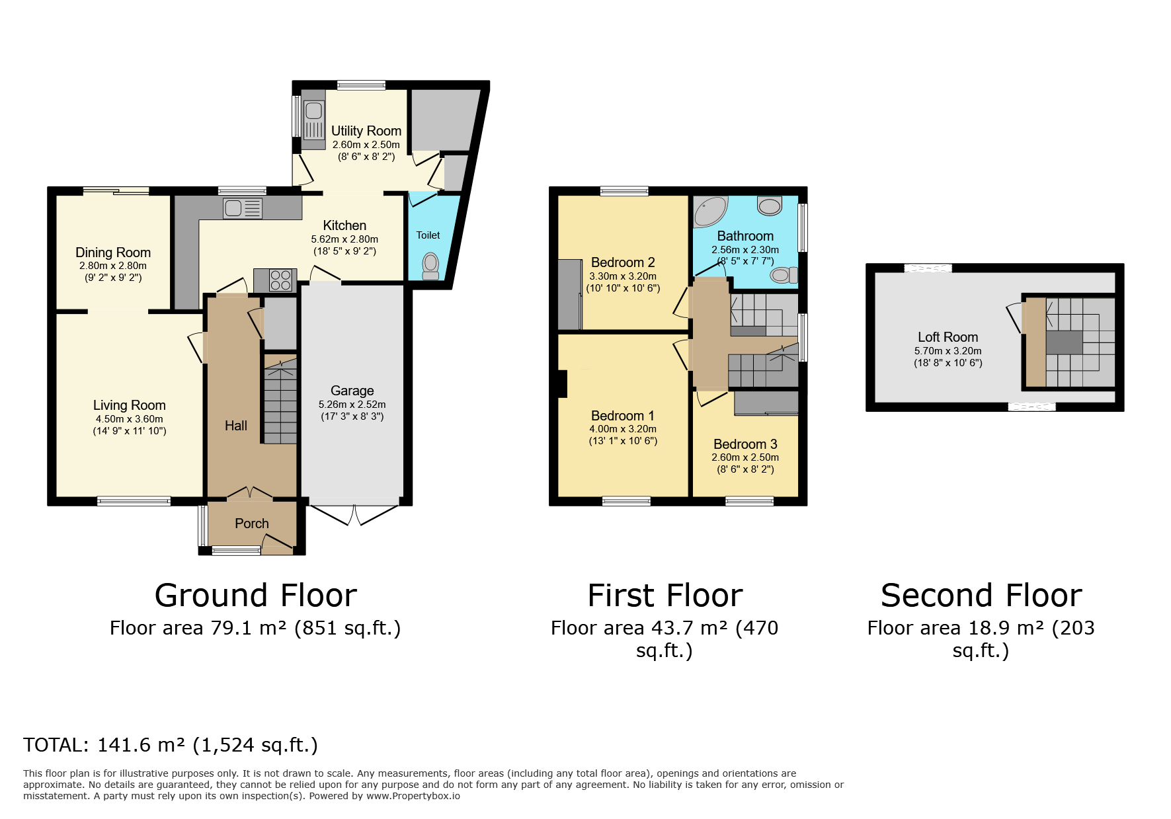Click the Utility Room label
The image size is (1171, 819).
(x=366, y=131)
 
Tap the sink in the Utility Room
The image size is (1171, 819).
(x=314, y=119)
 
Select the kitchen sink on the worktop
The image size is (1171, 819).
(x=243, y=208)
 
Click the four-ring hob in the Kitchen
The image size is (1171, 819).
(x=281, y=280)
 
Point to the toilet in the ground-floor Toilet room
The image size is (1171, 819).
(x=430, y=266)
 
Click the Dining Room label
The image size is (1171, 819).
(x=113, y=253)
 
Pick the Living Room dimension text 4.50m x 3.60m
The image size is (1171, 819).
(x=130, y=419)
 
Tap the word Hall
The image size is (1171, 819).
(x=236, y=426)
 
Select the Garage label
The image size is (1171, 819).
(x=352, y=391)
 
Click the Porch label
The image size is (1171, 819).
(x=252, y=524)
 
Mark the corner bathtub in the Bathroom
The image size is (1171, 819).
(x=710, y=212)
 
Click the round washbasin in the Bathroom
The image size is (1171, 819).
(x=770, y=206)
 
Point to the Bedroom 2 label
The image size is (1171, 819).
(x=623, y=262)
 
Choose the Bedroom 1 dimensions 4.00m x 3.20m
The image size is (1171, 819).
(x=624, y=429)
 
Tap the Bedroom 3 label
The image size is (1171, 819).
(x=745, y=444)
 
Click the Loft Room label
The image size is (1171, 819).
(x=948, y=337)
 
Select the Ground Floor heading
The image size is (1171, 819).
(x=256, y=595)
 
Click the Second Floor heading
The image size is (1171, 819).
(x=982, y=595)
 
